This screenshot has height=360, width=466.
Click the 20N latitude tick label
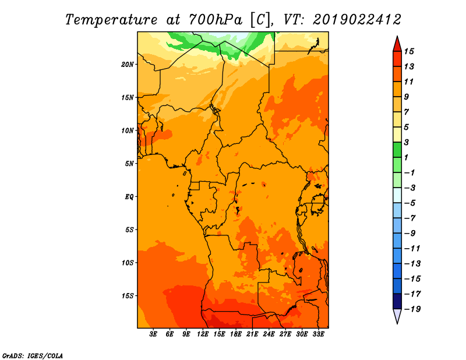(127, 65)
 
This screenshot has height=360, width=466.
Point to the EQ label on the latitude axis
(129, 197)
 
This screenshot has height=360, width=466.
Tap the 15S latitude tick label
(127, 296)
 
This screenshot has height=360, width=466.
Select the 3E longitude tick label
(153, 334)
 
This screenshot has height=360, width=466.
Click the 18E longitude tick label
(236, 334)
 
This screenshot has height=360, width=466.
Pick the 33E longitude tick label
(318, 334)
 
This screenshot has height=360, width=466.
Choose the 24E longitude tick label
(269, 334)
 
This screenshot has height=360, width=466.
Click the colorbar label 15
(409, 52)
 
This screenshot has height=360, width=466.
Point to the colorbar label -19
(412, 309)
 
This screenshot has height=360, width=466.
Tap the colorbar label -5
(410, 203)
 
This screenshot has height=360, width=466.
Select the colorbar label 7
(407, 112)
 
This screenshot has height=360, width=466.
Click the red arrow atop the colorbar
(397, 44)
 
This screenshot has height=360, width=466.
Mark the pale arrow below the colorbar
(397, 316)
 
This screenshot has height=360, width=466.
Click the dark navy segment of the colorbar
(397, 301)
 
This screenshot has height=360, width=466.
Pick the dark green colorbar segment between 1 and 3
(397, 150)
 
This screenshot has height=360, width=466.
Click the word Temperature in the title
(111, 20)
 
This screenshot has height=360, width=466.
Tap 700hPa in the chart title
(216, 20)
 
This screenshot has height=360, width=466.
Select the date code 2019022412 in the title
(356, 20)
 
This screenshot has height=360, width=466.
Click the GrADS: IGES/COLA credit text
(33, 356)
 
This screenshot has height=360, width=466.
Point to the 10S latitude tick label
(127, 263)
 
